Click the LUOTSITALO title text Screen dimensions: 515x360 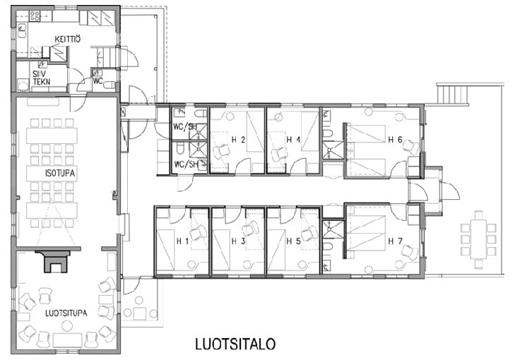(235, 344)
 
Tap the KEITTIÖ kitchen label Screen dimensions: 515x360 (67, 39)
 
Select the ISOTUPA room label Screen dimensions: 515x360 (60, 173)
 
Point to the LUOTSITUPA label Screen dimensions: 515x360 (66, 313)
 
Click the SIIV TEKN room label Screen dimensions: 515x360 (42, 78)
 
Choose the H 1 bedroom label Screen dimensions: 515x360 (182, 241)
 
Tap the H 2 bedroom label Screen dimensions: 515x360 (238, 140)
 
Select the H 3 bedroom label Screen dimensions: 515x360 (238, 241)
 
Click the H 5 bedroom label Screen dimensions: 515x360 (293, 241)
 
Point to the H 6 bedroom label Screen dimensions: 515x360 (395, 140)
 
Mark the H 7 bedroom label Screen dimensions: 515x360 (395, 241)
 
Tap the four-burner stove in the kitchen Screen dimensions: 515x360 (35, 16)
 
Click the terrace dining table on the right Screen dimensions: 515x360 (478, 239)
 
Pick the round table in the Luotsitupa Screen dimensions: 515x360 (67, 325)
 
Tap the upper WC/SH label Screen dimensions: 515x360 (185, 126)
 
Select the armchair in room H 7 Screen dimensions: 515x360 (410, 252)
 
